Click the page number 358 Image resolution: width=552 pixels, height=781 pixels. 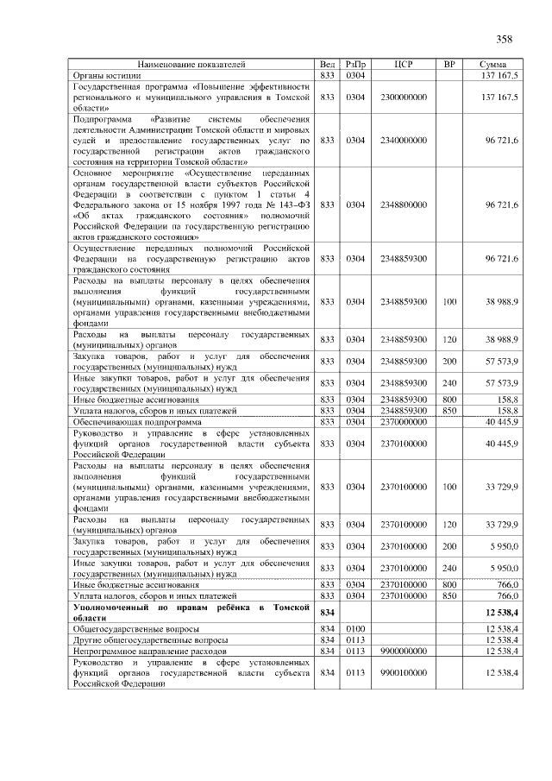[x=504, y=39]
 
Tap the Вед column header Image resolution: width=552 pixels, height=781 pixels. [x=327, y=64]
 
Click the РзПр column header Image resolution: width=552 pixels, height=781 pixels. [x=354, y=64]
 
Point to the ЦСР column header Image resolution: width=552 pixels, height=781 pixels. [x=404, y=64]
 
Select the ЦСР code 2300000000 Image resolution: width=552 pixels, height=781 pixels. [x=404, y=98]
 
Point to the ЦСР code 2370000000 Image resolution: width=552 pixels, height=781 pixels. [x=404, y=421]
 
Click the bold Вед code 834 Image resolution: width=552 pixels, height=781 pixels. [x=327, y=612]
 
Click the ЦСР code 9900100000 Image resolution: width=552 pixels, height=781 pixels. [x=404, y=672]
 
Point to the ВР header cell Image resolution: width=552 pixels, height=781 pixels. [x=448, y=64]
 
